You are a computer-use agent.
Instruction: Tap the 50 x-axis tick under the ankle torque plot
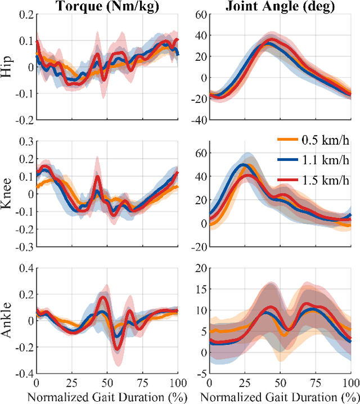[x=106, y=382]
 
